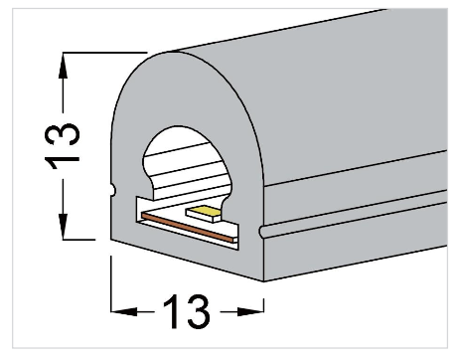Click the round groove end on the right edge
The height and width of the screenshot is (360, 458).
[x=261, y=233]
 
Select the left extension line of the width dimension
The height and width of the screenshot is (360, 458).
[x=109, y=283]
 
